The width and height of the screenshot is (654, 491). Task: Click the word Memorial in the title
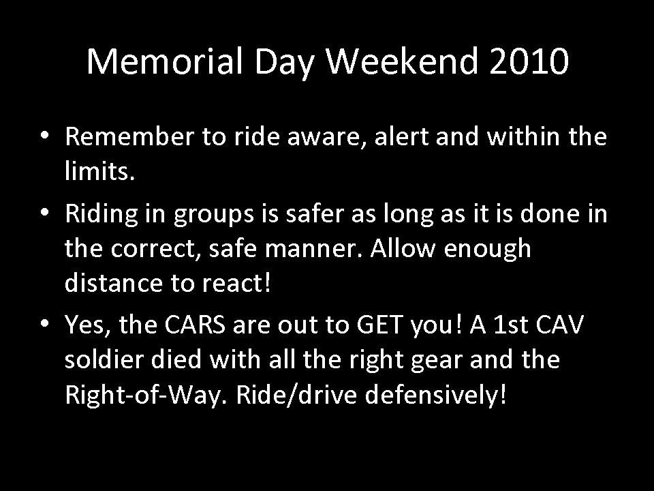point(165,61)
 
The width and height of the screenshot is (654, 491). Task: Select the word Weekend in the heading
point(401,61)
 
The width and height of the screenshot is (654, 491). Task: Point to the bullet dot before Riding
point(45,212)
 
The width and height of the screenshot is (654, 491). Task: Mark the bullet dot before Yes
point(45,323)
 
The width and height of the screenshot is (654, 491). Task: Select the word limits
point(99,170)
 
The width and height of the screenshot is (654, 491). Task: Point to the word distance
point(114,282)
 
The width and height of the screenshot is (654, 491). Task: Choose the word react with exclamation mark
point(236,282)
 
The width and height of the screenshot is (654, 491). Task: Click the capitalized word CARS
point(195,325)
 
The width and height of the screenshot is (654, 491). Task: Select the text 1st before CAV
point(511,325)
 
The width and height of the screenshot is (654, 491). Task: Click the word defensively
point(435,395)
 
